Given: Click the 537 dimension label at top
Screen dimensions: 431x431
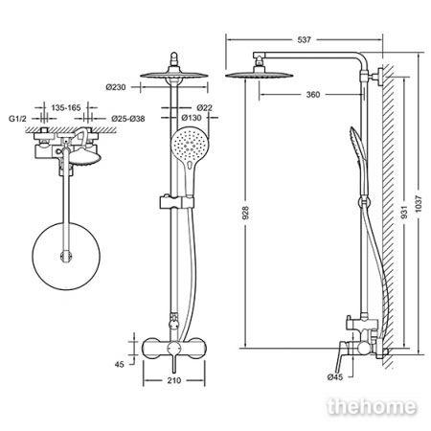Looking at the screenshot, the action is [x=304, y=40].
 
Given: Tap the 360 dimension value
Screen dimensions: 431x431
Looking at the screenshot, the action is [x=313, y=95].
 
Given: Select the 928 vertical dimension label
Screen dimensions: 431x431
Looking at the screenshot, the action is [x=245, y=213].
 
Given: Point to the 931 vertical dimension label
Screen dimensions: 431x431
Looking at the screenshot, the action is [x=404, y=212].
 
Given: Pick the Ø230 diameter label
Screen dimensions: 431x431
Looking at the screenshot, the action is [x=116, y=87].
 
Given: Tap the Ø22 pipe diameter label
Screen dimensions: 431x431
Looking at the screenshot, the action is [x=204, y=107].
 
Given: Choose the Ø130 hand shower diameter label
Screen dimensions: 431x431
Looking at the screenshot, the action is [x=192, y=118].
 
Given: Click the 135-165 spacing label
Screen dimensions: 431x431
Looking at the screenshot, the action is [x=66, y=108].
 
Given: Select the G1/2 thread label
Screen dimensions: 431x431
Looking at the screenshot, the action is [x=17, y=119].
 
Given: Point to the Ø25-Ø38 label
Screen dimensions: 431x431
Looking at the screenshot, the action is [x=128, y=119].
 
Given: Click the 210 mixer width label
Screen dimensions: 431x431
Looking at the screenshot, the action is [x=174, y=380].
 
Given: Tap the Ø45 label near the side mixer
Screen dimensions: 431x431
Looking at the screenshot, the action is [x=335, y=377].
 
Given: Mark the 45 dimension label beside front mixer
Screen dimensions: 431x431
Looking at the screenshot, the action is [x=119, y=364].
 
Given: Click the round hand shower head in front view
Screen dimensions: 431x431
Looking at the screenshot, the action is [x=190, y=145].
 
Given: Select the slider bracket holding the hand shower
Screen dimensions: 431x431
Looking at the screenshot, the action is [x=176, y=202].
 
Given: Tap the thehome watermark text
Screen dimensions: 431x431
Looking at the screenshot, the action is [x=373, y=406].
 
